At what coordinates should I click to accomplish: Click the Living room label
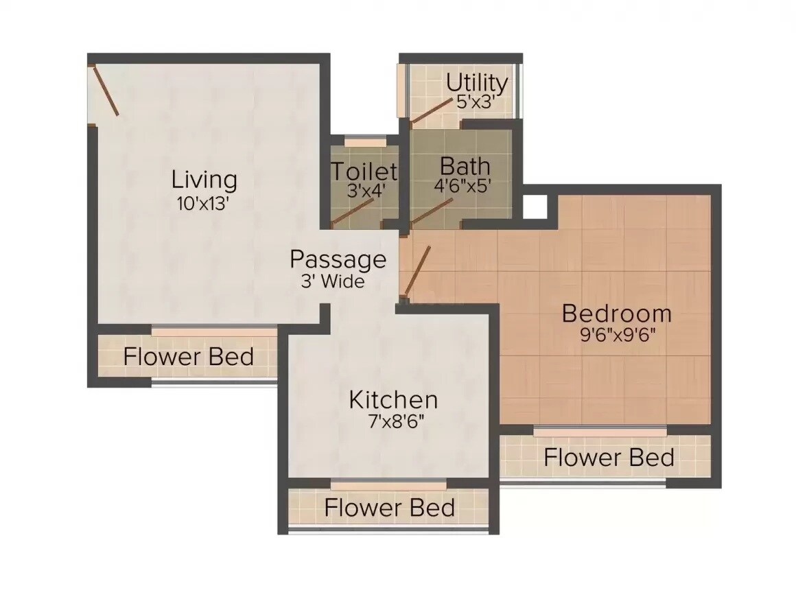(204, 180)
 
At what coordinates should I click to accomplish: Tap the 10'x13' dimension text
(204, 204)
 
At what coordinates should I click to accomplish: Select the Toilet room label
(364, 171)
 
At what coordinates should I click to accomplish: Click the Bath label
(465, 166)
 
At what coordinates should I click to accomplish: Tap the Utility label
(477, 83)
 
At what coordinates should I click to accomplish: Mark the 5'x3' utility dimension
(476, 103)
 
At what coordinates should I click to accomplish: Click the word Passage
(338, 260)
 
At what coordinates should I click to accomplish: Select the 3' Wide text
(332, 281)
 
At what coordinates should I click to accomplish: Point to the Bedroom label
(616, 314)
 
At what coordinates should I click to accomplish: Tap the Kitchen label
(393, 399)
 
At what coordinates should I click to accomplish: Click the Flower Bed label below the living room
(189, 357)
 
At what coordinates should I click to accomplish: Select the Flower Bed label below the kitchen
(389, 508)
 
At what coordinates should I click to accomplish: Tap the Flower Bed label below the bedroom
(609, 457)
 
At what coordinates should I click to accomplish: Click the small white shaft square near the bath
(535, 206)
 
